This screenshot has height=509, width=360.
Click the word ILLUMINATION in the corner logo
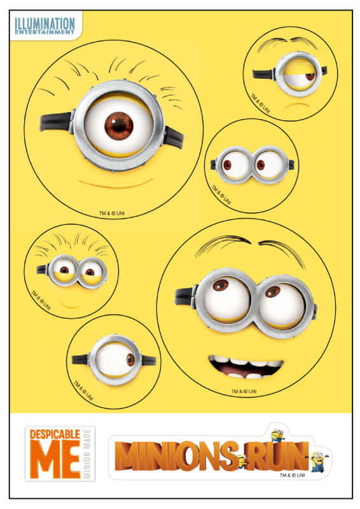(x=45, y=24)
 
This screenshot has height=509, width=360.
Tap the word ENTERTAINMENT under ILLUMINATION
(x=45, y=32)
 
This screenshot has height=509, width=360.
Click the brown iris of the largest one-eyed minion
(x=119, y=126)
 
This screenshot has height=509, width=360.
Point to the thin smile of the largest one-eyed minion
(x=116, y=184)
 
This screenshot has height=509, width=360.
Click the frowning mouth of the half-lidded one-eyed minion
(x=296, y=106)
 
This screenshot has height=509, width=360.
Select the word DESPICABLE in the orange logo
(x=55, y=434)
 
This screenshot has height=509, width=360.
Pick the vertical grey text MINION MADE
(x=87, y=454)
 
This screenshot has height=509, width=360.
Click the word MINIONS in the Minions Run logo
(x=177, y=456)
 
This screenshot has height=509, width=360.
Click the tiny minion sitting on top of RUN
(x=278, y=435)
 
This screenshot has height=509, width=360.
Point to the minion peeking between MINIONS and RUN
(x=242, y=460)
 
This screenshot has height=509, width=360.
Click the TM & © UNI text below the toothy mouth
(x=244, y=391)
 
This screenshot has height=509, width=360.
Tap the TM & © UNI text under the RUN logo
(x=292, y=475)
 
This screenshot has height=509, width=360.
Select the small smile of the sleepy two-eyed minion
(x=70, y=305)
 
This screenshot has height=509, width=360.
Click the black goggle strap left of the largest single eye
(x=56, y=122)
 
